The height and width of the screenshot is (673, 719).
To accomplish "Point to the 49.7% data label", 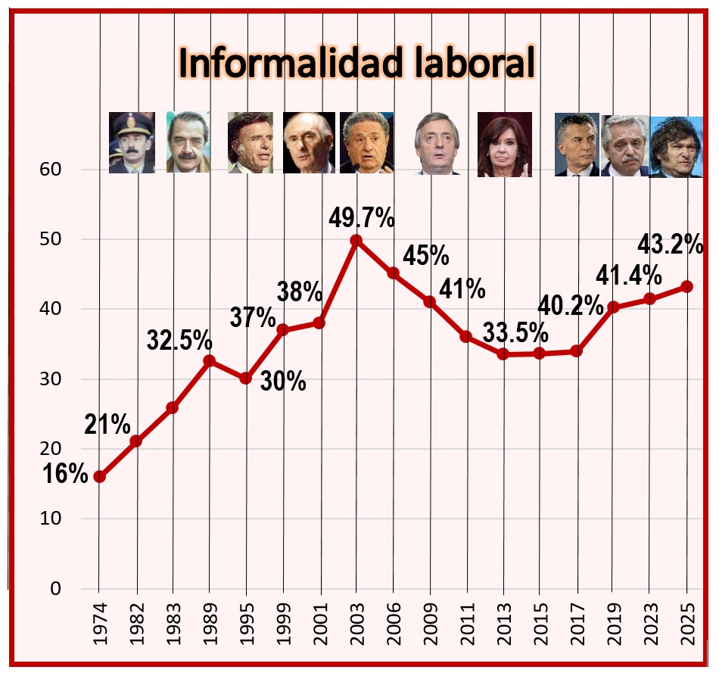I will point(361,218).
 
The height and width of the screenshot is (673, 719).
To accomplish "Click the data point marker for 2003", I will point(356,240).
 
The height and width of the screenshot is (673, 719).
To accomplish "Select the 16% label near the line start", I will point(65,474).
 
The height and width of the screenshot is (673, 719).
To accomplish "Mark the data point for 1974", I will point(99,476).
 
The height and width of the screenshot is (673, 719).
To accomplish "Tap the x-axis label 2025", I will point(687,627).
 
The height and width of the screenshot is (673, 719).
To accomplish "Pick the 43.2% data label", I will point(671,245).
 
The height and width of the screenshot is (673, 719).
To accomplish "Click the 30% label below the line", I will point(283,382).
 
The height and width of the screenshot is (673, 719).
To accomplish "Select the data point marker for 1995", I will point(246,378).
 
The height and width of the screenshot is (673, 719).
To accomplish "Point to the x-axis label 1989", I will point(209,627).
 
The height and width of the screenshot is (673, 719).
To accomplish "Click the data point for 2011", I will point(466,336).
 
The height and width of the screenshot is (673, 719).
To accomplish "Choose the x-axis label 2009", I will point(430,627).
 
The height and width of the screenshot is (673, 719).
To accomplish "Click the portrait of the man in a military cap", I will point(132,143).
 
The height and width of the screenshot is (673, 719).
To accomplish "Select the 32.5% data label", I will point(179,340).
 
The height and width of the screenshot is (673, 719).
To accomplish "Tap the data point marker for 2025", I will point(687,287).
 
